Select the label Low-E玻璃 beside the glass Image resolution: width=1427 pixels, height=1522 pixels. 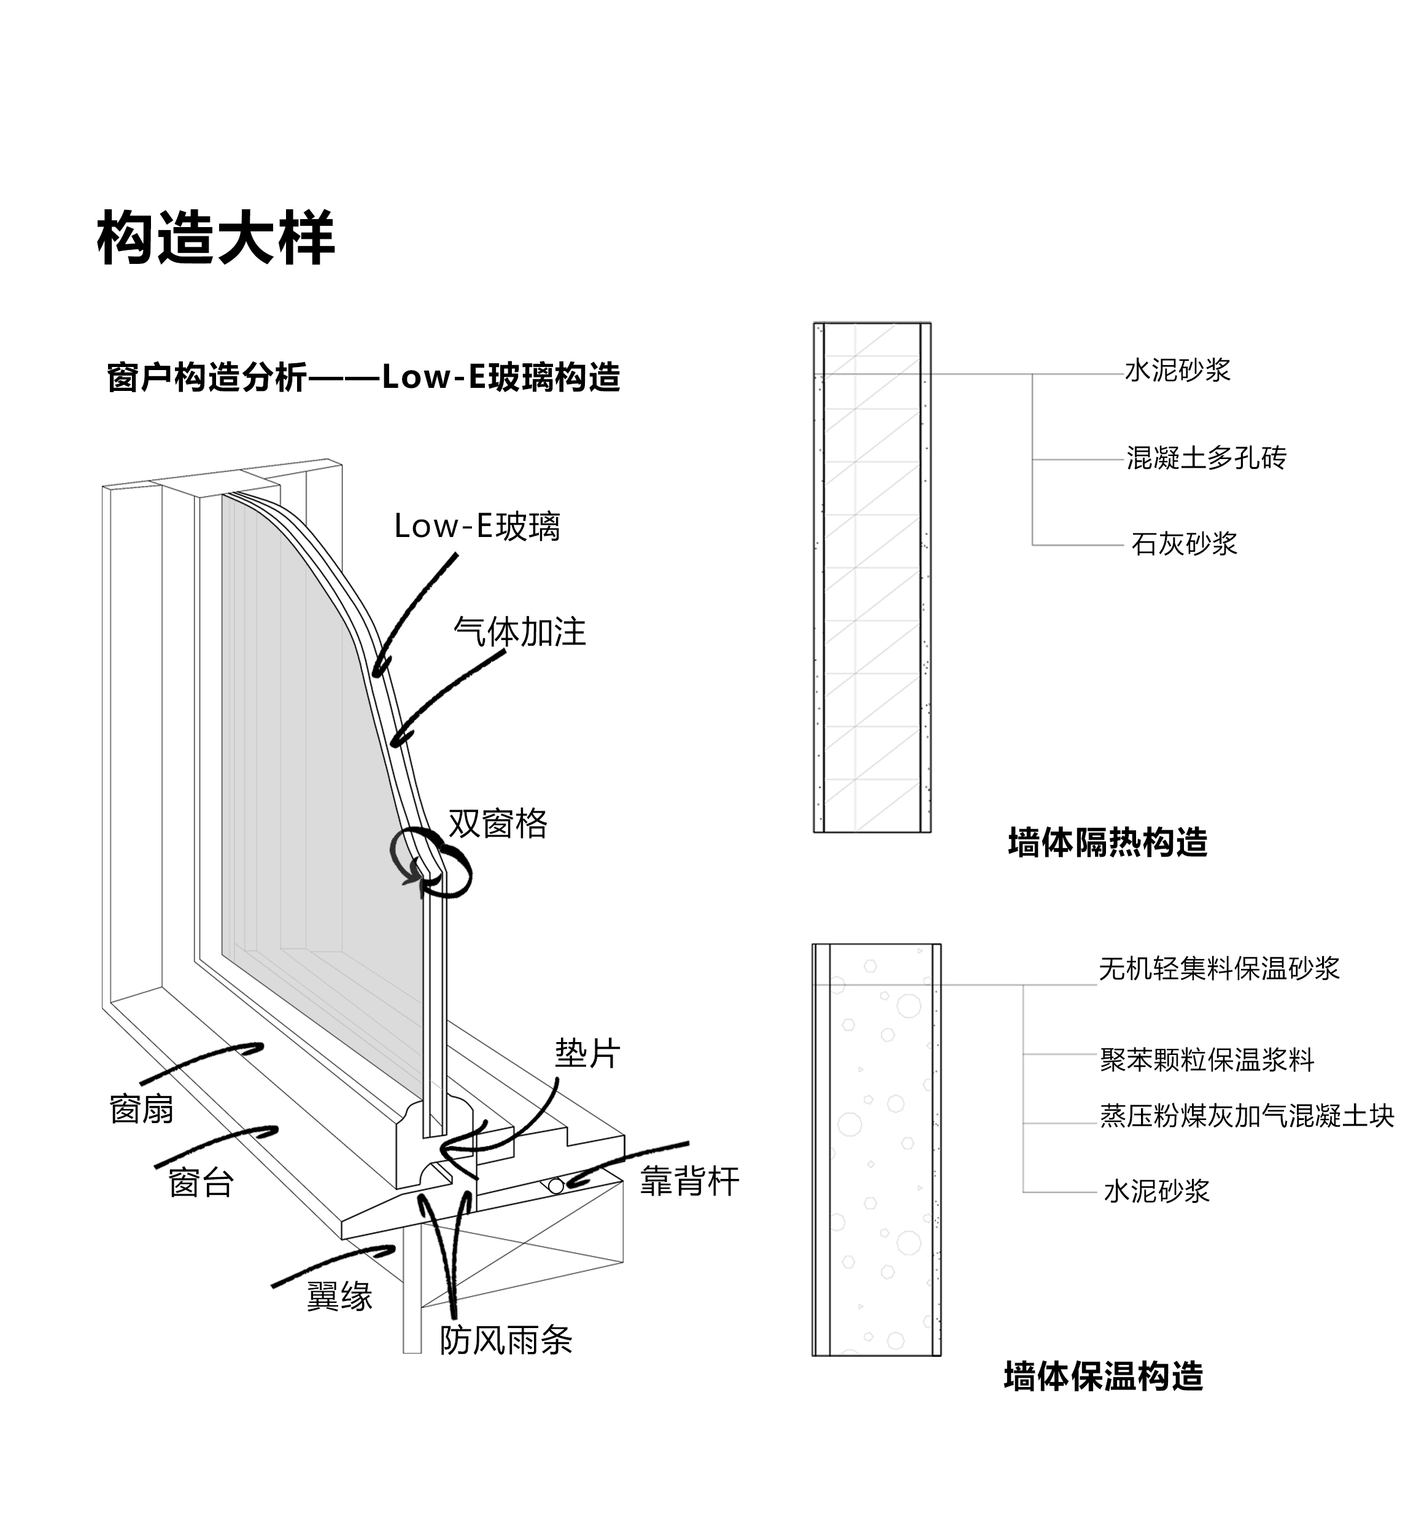click(477, 527)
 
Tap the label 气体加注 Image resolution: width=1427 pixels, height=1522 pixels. click(520, 632)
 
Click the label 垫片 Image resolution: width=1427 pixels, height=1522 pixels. click(587, 1054)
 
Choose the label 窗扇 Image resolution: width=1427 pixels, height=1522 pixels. click(142, 1110)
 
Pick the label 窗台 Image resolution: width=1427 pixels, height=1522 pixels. click(201, 1183)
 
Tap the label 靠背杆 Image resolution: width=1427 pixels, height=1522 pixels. click(690, 1181)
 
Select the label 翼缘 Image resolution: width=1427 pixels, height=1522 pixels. click(339, 1296)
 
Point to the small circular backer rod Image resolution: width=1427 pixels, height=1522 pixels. click(557, 1186)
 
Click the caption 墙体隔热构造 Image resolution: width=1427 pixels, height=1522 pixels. click(1107, 843)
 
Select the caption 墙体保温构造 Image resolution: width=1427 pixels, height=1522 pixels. click(1103, 1376)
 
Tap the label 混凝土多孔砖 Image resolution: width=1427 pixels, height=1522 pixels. click(1206, 458)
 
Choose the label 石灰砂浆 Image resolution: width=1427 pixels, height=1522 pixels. click(1183, 544)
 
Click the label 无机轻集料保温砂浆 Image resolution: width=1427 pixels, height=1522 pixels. click(1219, 968)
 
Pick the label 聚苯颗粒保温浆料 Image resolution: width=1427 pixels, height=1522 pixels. click(1207, 1060)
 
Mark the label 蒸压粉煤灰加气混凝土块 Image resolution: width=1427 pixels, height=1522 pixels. click(1247, 1116)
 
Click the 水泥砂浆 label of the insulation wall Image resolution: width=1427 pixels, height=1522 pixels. click(1156, 1191)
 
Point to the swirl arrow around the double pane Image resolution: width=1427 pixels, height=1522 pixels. click(431, 863)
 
